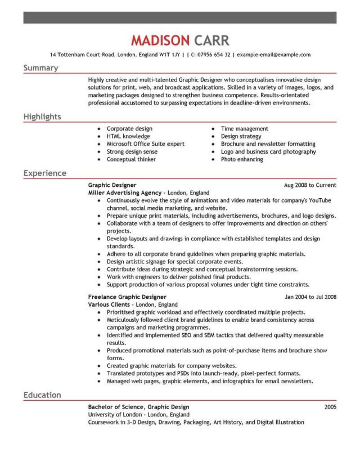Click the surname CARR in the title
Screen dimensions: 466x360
coord(213,41)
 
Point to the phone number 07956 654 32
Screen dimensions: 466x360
coord(212,55)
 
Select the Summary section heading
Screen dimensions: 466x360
coord(40,68)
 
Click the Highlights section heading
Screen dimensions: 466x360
coord(42,116)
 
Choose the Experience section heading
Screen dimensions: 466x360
coord(45,173)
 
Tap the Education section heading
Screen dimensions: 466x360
coord(42,395)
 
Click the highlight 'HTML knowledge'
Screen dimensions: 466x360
coord(128,136)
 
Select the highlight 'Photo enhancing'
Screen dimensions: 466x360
coord(242,159)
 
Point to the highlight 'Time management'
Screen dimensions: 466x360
coord(244,129)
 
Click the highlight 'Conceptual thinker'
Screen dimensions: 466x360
coord(132,159)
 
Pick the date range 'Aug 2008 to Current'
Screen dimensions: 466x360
coord(310,185)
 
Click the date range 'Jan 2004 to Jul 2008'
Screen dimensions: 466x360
coord(310,296)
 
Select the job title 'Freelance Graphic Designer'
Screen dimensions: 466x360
coord(127,296)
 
